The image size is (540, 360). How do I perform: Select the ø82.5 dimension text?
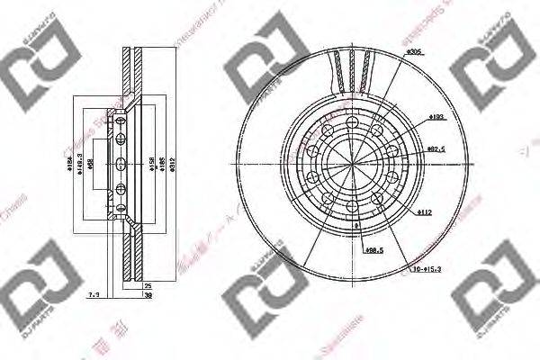click(438, 148)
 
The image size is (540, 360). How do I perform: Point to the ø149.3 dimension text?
click(82, 164)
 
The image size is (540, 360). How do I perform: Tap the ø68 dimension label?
click(103, 164)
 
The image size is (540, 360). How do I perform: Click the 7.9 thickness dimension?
click(93, 293)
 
